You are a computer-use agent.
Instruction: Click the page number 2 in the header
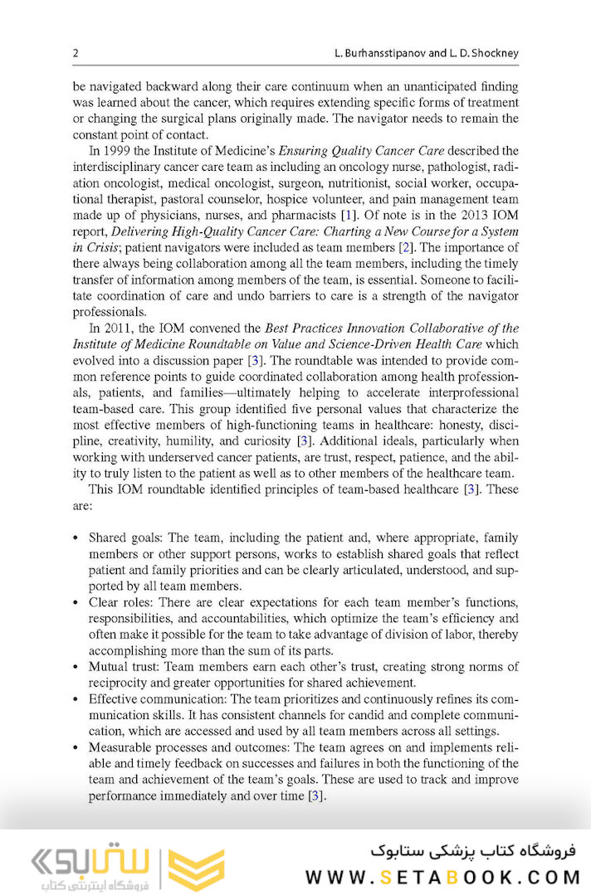point(76,53)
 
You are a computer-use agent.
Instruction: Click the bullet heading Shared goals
point(124,537)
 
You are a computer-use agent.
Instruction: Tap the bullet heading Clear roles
point(119,601)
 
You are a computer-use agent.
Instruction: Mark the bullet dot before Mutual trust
point(76,666)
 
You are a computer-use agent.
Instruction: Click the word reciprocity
point(118,683)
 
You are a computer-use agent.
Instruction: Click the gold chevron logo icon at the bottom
point(197,868)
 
